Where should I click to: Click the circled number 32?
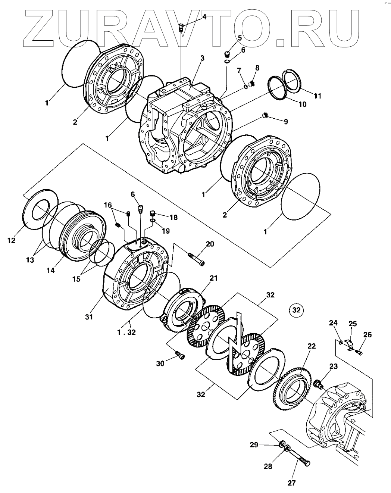pyautogui.click(x=296, y=310)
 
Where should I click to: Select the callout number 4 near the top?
pyautogui.click(x=204, y=16)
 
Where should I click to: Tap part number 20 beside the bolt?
pyautogui.click(x=210, y=244)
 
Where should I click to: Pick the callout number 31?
pyautogui.click(x=89, y=317)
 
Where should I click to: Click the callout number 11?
pyautogui.click(x=317, y=96)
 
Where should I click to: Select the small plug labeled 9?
pyautogui.click(x=265, y=116)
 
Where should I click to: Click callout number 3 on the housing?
pyautogui.click(x=202, y=58)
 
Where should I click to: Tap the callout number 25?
pyautogui.click(x=353, y=324)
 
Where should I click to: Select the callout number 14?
pyautogui.click(x=50, y=271)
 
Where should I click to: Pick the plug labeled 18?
pyautogui.click(x=152, y=214)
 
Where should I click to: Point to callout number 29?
pyautogui.click(x=254, y=444)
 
